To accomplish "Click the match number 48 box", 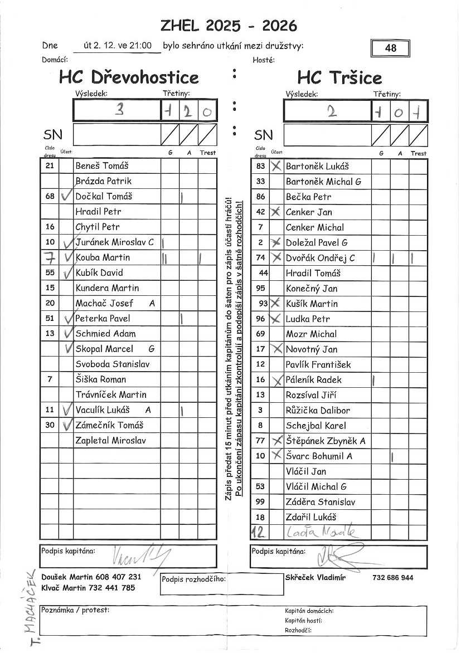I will (x=390, y=48).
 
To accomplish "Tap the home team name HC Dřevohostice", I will (x=129, y=77).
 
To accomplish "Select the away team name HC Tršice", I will (x=339, y=77).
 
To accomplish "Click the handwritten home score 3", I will (x=118, y=110).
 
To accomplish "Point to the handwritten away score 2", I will (x=332, y=111).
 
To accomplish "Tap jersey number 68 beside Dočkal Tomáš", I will (x=50, y=196).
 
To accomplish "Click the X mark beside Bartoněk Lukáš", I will (x=275, y=166).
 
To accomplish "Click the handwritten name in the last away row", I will (x=320, y=532).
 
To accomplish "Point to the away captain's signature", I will (x=334, y=554).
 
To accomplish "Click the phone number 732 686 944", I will (x=393, y=578).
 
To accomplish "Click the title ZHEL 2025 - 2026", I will (x=229, y=26).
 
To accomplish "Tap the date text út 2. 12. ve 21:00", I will (x=117, y=46).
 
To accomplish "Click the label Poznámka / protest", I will (x=75, y=610).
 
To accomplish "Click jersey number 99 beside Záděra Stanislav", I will (x=260, y=501).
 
